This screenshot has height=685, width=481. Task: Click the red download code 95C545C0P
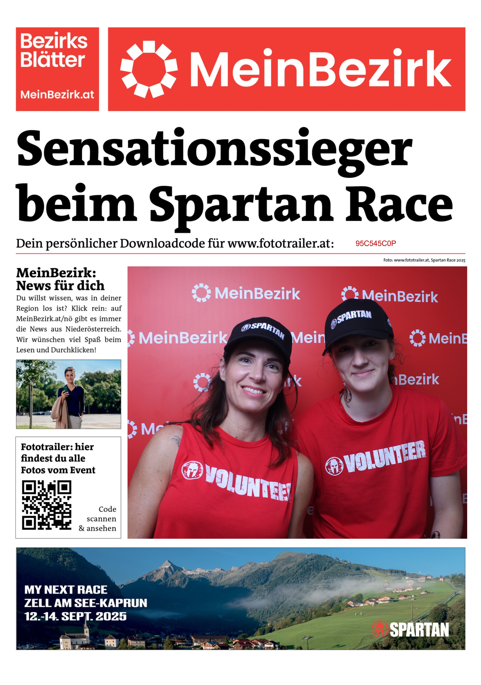click(x=375, y=243)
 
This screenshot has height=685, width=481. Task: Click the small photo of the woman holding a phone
click(x=68, y=394)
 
